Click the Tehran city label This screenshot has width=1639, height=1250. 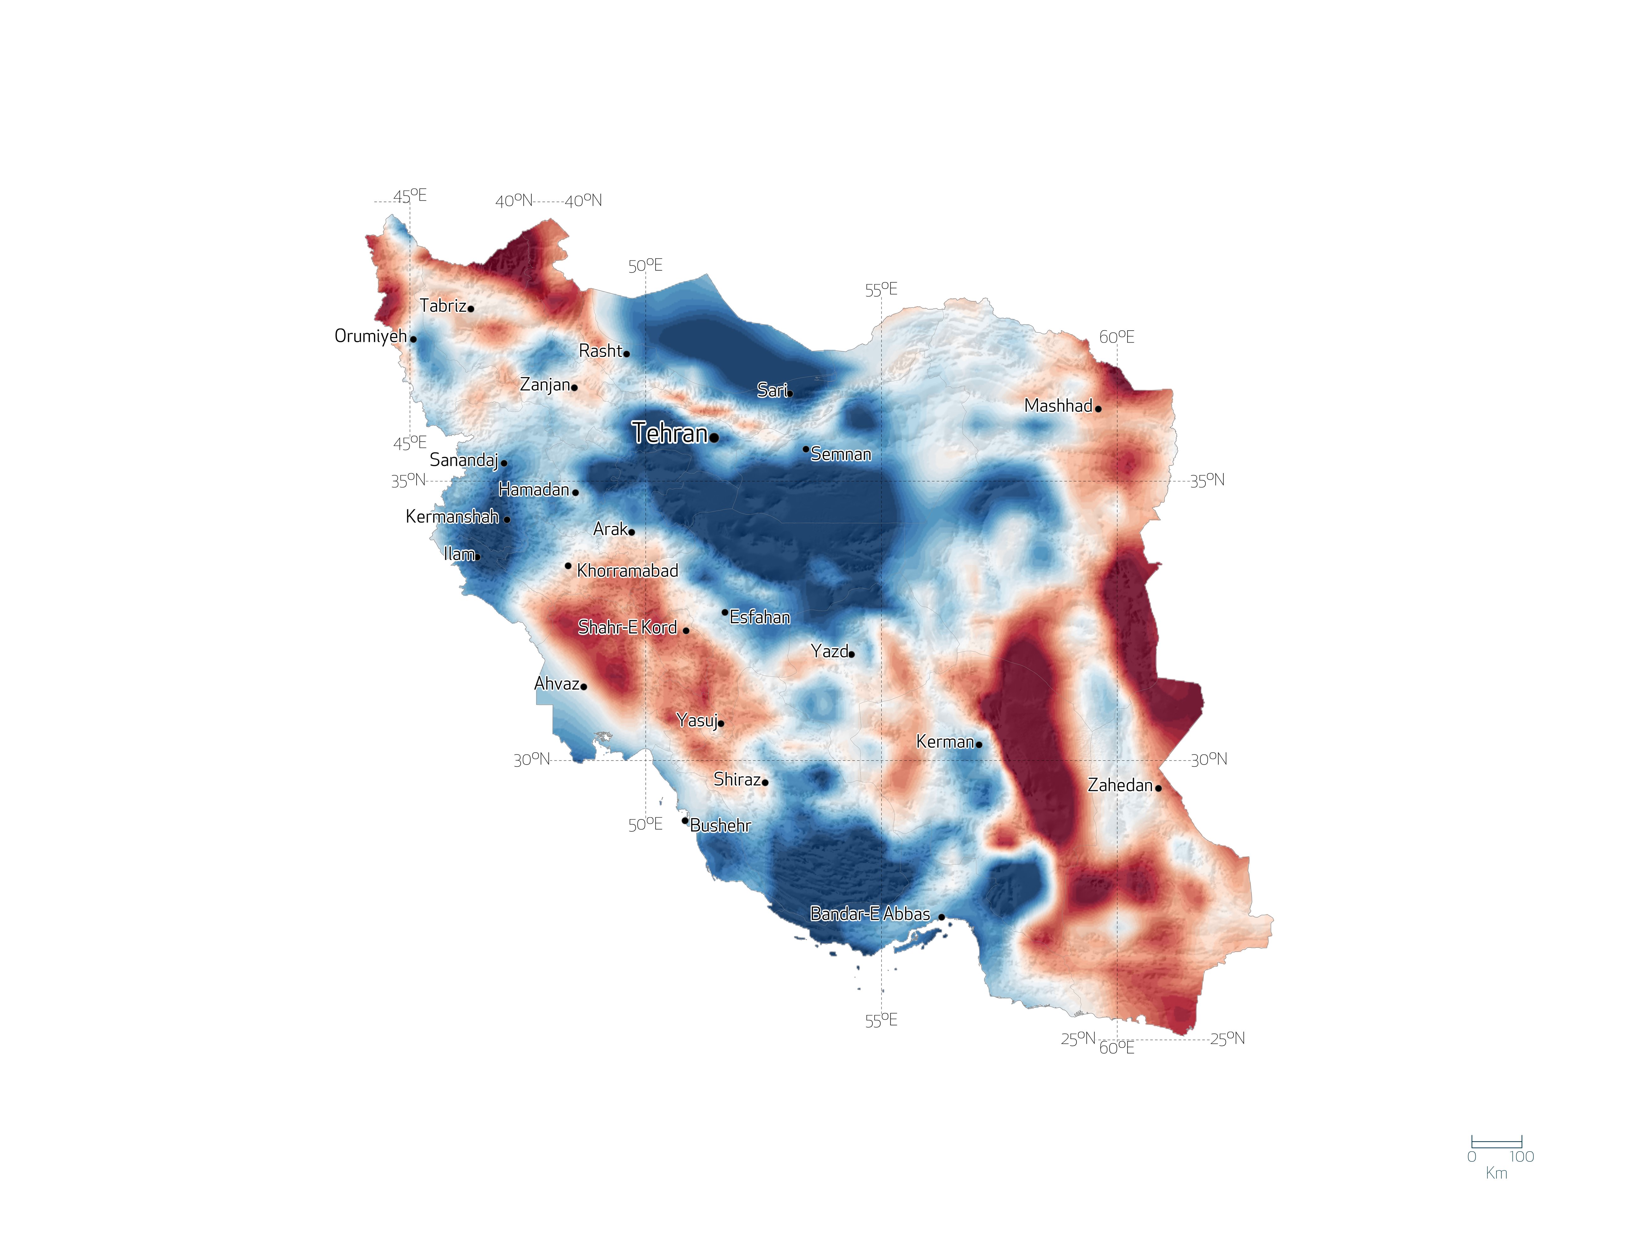tap(669, 433)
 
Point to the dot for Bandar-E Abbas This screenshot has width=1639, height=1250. tap(942, 918)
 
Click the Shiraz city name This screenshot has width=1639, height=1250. tap(737, 779)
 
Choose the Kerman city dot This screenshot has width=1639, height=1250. tap(979, 744)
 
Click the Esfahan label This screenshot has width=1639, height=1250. tap(760, 617)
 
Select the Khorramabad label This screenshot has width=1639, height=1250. tap(628, 571)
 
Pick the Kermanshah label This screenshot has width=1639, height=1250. tap(452, 516)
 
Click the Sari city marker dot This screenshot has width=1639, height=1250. tap(790, 394)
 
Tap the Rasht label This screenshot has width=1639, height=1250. tap(600, 350)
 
